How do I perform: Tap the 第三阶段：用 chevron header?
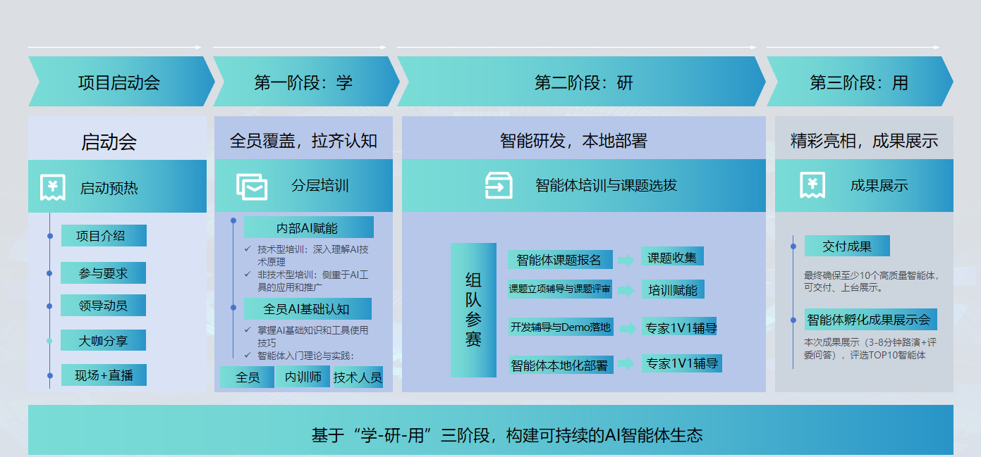pyautogui.click(x=860, y=82)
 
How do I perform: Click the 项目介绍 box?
pyautogui.click(x=104, y=236)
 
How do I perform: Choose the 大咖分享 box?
pyautogui.click(x=104, y=340)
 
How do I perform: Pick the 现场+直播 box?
pyautogui.click(x=104, y=375)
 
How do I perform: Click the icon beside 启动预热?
pyautogui.click(x=53, y=187)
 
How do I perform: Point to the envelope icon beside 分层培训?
pyautogui.click(x=251, y=187)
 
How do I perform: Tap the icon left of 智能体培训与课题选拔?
pyautogui.click(x=499, y=185)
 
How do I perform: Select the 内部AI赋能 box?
pyautogui.click(x=309, y=227)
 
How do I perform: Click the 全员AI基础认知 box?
pyautogui.click(x=307, y=308)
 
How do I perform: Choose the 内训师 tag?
pyautogui.click(x=303, y=377)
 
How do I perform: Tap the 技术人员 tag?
pyautogui.click(x=358, y=377)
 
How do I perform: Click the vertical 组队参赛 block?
pyautogui.click(x=473, y=310)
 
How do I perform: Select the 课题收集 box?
pyautogui.click(x=672, y=256)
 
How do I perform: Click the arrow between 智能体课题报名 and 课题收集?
pyautogui.click(x=626, y=261)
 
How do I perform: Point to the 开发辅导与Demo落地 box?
pyautogui.click(x=561, y=327)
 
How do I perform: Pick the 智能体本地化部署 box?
pyautogui.click(x=561, y=365)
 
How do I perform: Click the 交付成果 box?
pyautogui.click(x=847, y=246)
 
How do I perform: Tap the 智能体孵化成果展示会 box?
pyautogui.click(x=871, y=320)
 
